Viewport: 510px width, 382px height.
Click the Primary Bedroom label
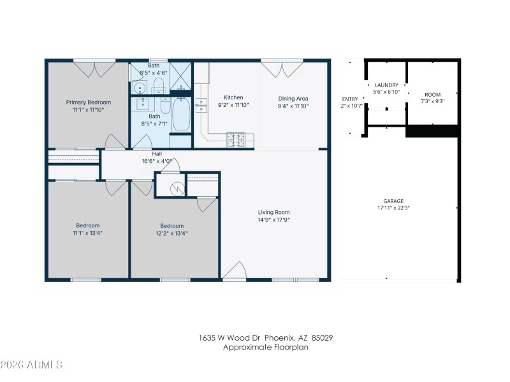pos(89,103)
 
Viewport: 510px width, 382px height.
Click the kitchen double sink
pos(202,106)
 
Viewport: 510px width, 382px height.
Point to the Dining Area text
pos(293,98)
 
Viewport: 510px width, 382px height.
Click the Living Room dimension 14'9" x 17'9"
pos(273,220)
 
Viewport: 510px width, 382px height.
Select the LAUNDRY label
pos(386,85)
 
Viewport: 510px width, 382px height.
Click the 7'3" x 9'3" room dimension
pos(432,101)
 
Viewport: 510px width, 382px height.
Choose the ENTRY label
pos(350,99)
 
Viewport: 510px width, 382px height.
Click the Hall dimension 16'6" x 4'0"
pos(157,161)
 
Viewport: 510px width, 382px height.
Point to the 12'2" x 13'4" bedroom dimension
pos(171,233)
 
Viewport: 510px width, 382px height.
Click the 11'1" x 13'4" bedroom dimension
pos(87,233)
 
